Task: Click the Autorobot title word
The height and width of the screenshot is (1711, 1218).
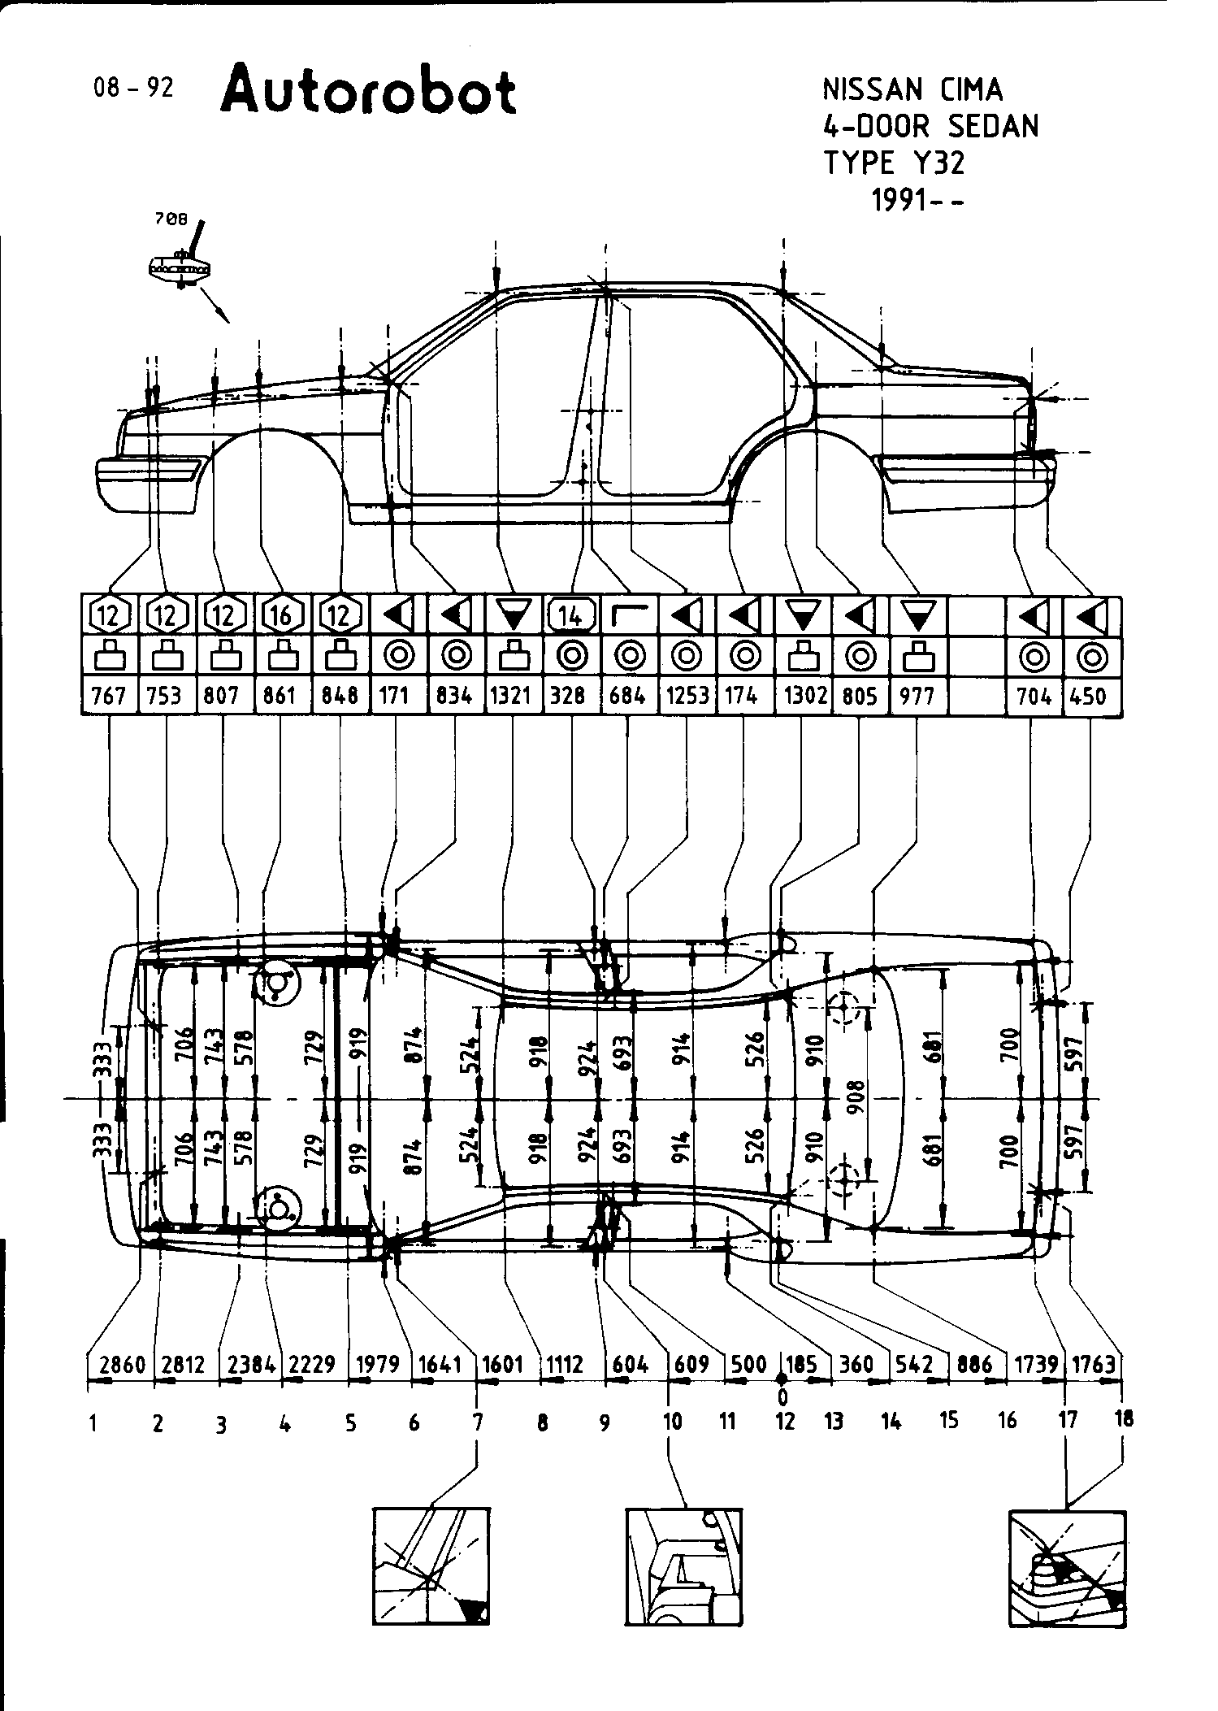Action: click(x=367, y=91)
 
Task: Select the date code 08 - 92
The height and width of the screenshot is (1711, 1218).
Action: click(x=133, y=88)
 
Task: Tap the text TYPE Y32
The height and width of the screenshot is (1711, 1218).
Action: click(x=895, y=163)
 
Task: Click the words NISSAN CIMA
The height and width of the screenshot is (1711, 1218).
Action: click(x=913, y=89)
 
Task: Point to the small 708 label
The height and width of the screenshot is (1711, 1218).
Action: click(x=171, y=219)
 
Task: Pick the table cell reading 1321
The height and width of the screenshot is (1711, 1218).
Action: click(x=511, y=696)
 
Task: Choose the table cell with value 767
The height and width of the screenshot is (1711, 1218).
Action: click(x=110, y=696)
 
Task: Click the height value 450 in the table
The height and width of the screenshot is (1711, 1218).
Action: click(x=1090, y=696)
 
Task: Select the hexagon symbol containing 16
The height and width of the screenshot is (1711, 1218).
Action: click(x=281, y=616)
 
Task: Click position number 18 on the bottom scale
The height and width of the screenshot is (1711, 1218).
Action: click(x=1125, y=1419)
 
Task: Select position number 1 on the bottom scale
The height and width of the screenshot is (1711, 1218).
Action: click(x=94, y=1422)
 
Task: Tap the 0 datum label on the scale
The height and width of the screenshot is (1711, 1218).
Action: click(x=782, y=1397)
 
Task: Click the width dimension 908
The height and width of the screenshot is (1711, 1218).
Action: click(x=858, y=1097)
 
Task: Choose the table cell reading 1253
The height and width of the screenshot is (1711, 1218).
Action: click(x=687, y=696)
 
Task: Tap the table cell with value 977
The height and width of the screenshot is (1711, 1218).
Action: click(x=918, y=696)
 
